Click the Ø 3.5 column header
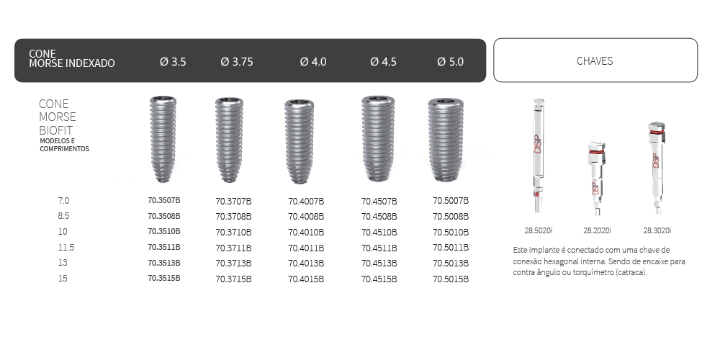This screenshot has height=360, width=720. click(x=173, y=62)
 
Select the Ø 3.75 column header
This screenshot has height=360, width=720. click(x=237, y=62)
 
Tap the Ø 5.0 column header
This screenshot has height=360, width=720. click(x=451, y=62)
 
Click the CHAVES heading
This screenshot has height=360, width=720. click(x=595, y=61)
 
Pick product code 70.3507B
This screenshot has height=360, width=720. click(x=164, y=200)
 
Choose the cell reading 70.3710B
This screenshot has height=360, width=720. click(x=234, y=232)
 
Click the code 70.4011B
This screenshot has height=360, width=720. click(x=306, y=248)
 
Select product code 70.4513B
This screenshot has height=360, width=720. click(x=379, y=263)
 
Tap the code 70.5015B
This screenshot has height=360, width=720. click(x=451, y=279)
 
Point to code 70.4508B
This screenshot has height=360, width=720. click(x=379, y=216)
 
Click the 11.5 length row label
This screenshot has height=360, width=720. click(x=66, y=247)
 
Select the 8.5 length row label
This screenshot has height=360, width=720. click(x=63, y=215)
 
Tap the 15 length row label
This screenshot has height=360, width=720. click(x=63, y=278)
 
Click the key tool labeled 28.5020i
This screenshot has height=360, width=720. click(x=537, y=155)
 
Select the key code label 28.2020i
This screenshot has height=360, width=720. click(x=596, y=230)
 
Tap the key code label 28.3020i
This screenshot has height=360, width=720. click(x=657, y=230)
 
